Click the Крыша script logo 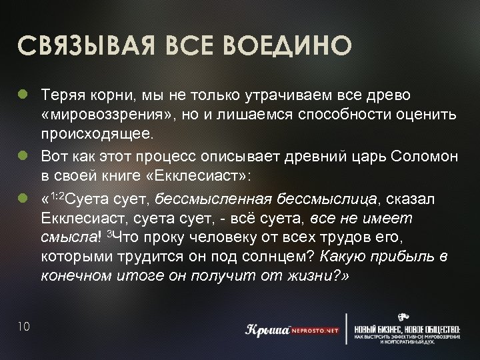click(265, 330)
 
